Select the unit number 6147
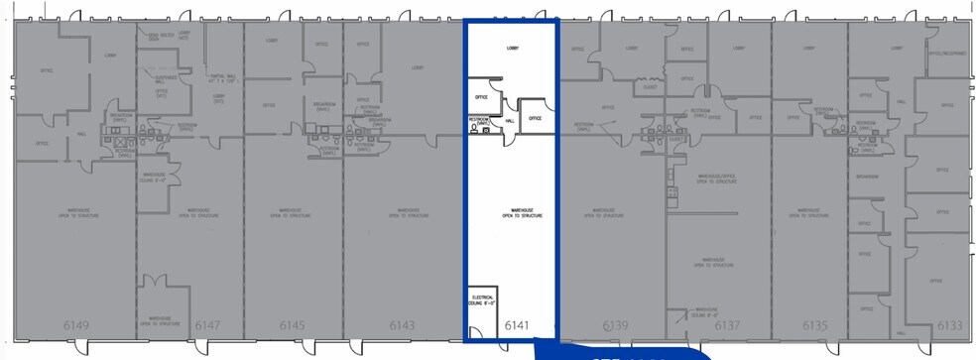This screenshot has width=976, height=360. click(207, 325)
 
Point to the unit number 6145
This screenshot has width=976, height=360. click(292, 325)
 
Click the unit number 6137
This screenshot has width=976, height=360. click(728, 325)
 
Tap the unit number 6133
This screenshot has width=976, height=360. click(949, 325)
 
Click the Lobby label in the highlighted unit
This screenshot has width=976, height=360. click(513, 48)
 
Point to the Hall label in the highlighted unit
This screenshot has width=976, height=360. click(510, 120)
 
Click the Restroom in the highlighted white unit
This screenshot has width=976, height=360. click(480, 123)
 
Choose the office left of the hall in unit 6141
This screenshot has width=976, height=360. click(481, 97)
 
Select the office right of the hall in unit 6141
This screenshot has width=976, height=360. click(535, 117)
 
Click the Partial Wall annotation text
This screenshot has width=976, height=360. click(222, 80)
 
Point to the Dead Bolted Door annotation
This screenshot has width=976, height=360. click(161, 37)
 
